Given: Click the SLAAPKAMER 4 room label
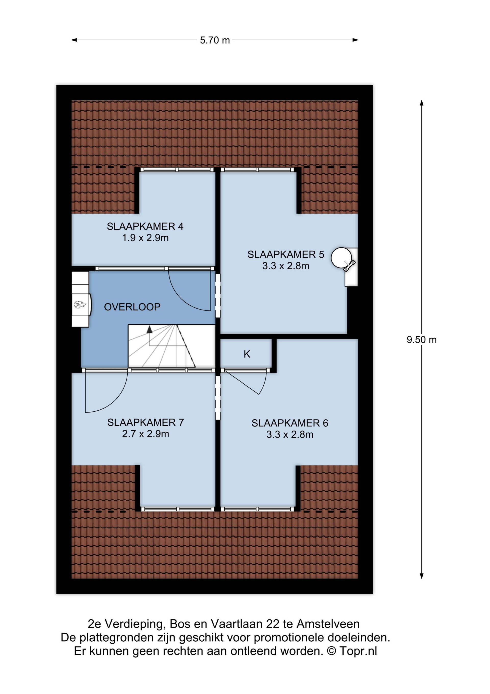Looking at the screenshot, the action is click(145, 226).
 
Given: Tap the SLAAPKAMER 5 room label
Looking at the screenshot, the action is click(286, 255).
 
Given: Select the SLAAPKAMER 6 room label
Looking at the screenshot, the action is click(290, 423).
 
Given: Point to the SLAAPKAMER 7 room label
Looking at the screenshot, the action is click(145, 423).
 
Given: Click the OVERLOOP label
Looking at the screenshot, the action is click(132, 307).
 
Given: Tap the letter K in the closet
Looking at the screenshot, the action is click(247, 354).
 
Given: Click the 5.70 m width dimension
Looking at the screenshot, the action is click(215, 40).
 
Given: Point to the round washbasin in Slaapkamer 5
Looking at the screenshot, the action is click(341, 258).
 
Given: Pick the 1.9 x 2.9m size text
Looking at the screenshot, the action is click(145, 238).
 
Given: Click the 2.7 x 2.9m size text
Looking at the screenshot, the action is click(145, 434).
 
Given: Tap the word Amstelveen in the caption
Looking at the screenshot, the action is click(328, 624).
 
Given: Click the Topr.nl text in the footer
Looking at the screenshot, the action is click(358, 651).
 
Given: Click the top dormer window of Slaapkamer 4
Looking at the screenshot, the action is click(177, 170).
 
